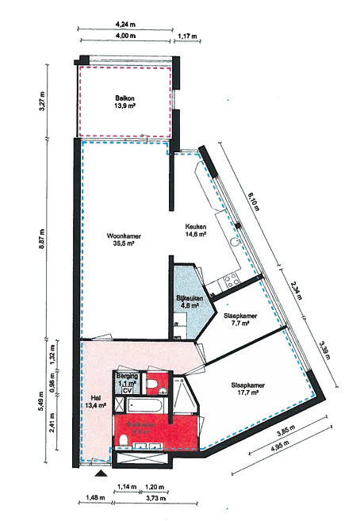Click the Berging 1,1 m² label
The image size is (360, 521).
pos(127,379)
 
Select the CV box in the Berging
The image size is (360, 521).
pos(127,390)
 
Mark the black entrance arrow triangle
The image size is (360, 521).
pos(100,474)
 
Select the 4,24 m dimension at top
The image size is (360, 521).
pos(123,25)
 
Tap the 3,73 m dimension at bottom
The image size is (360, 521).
pos(155,498)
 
